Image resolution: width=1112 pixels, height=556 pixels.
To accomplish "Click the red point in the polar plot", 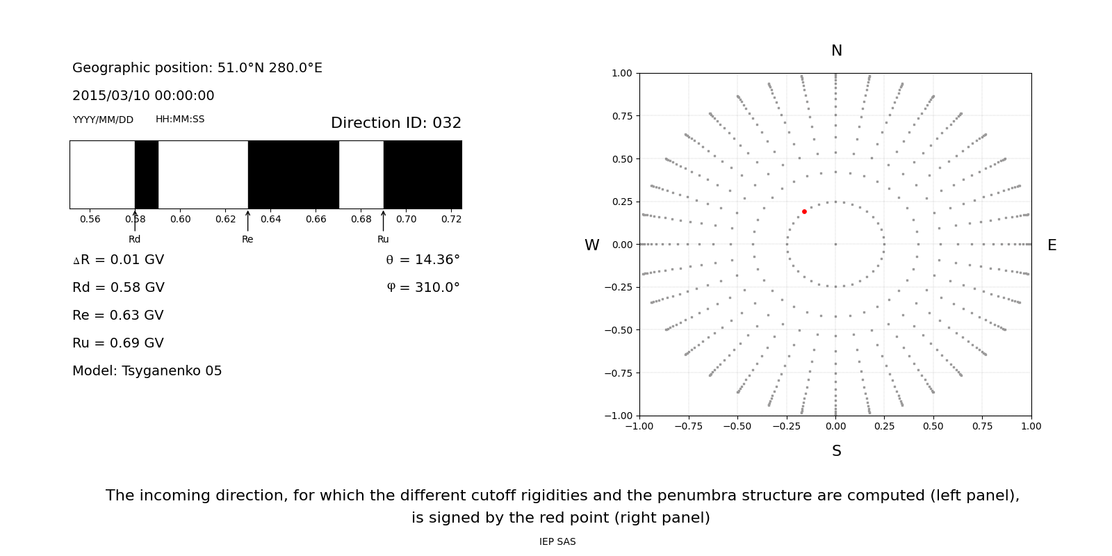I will (x=804, y=211).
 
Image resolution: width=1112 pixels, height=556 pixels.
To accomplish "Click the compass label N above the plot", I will (x=836, y=51).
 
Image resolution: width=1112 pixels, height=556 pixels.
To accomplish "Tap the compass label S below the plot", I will (x=836, y=451).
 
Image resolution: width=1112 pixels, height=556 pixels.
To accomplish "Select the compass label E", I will (x=1052, y=245).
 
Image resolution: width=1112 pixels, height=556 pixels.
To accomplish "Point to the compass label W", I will (x=591, y=245).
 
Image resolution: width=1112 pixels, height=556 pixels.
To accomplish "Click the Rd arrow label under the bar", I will (x=134, y=239).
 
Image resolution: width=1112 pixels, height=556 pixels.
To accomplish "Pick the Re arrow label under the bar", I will (x=247, y=239).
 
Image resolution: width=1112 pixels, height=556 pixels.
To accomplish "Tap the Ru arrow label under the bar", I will (x=383, y=239).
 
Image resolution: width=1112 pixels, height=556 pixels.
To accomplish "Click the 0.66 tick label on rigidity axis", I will (x=316, y=219).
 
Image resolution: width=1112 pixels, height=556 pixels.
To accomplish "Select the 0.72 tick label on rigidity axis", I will (x=451, y=219).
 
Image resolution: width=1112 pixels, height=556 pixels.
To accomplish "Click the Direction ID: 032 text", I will (x=395, y=123).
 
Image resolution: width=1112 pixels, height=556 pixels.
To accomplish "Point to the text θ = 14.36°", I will (x=423, y=260).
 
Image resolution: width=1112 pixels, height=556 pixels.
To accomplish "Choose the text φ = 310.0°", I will (x=423, y=288).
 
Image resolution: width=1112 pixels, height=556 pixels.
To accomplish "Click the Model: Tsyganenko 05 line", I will (x=147, y=371).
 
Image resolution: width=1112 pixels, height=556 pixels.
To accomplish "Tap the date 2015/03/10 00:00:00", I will (x=143, y=96).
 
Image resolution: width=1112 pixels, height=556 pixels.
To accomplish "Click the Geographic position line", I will (x=197, y=68).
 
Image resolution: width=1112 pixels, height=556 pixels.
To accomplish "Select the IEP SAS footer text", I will (x=557, y=541).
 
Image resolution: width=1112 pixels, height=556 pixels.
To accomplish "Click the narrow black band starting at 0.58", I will (x=146, y=174).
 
